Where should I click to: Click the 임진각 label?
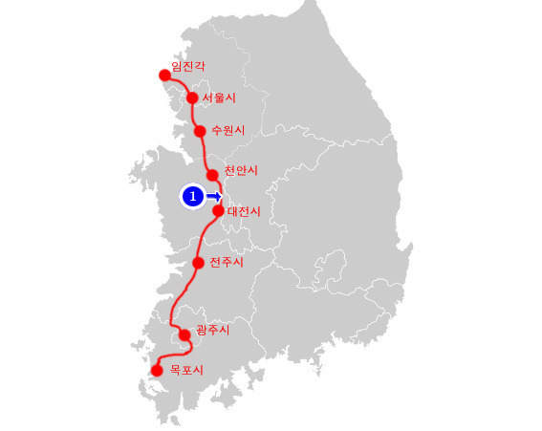pos(187,66)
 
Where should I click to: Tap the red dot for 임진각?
pos(163,75)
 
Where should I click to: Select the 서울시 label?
pos(219,97)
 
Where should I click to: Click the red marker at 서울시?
pos(192,97)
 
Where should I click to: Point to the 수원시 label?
pos(228,129)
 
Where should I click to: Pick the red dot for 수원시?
pos(200,131)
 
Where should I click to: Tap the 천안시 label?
pos(241,170)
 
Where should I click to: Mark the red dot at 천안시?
pos(212,175)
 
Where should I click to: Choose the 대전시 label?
pos(244,211)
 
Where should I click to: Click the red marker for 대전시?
pos(218,210)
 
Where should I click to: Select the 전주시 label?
pos(227,262)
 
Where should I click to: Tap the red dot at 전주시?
pos(198,262)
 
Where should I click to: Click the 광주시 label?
pos(212,330)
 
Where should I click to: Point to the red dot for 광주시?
pos(184,334)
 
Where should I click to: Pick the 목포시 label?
pos(186,369)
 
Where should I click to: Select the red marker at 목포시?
pos(157,369)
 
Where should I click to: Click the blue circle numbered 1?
pos(192,196)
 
